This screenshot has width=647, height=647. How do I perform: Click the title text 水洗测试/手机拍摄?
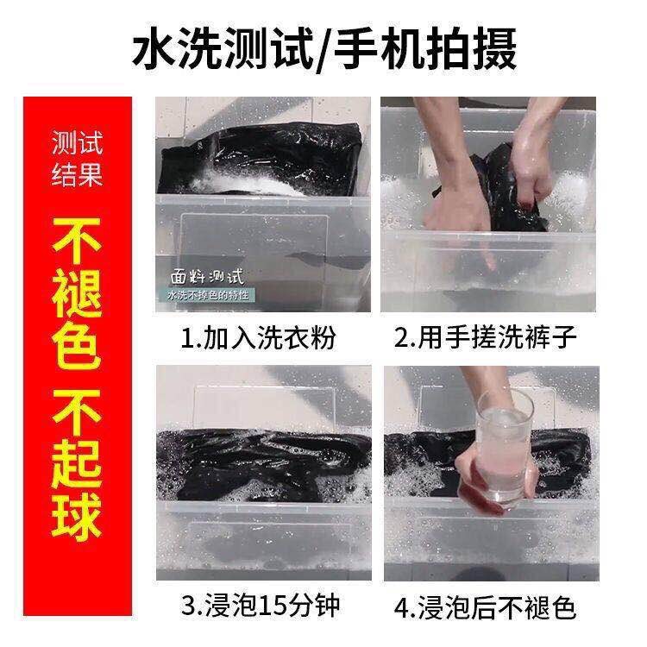(324, 50)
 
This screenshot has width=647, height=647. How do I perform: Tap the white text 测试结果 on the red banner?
(77, 160)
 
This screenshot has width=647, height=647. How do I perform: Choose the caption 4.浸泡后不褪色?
(485, 609)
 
